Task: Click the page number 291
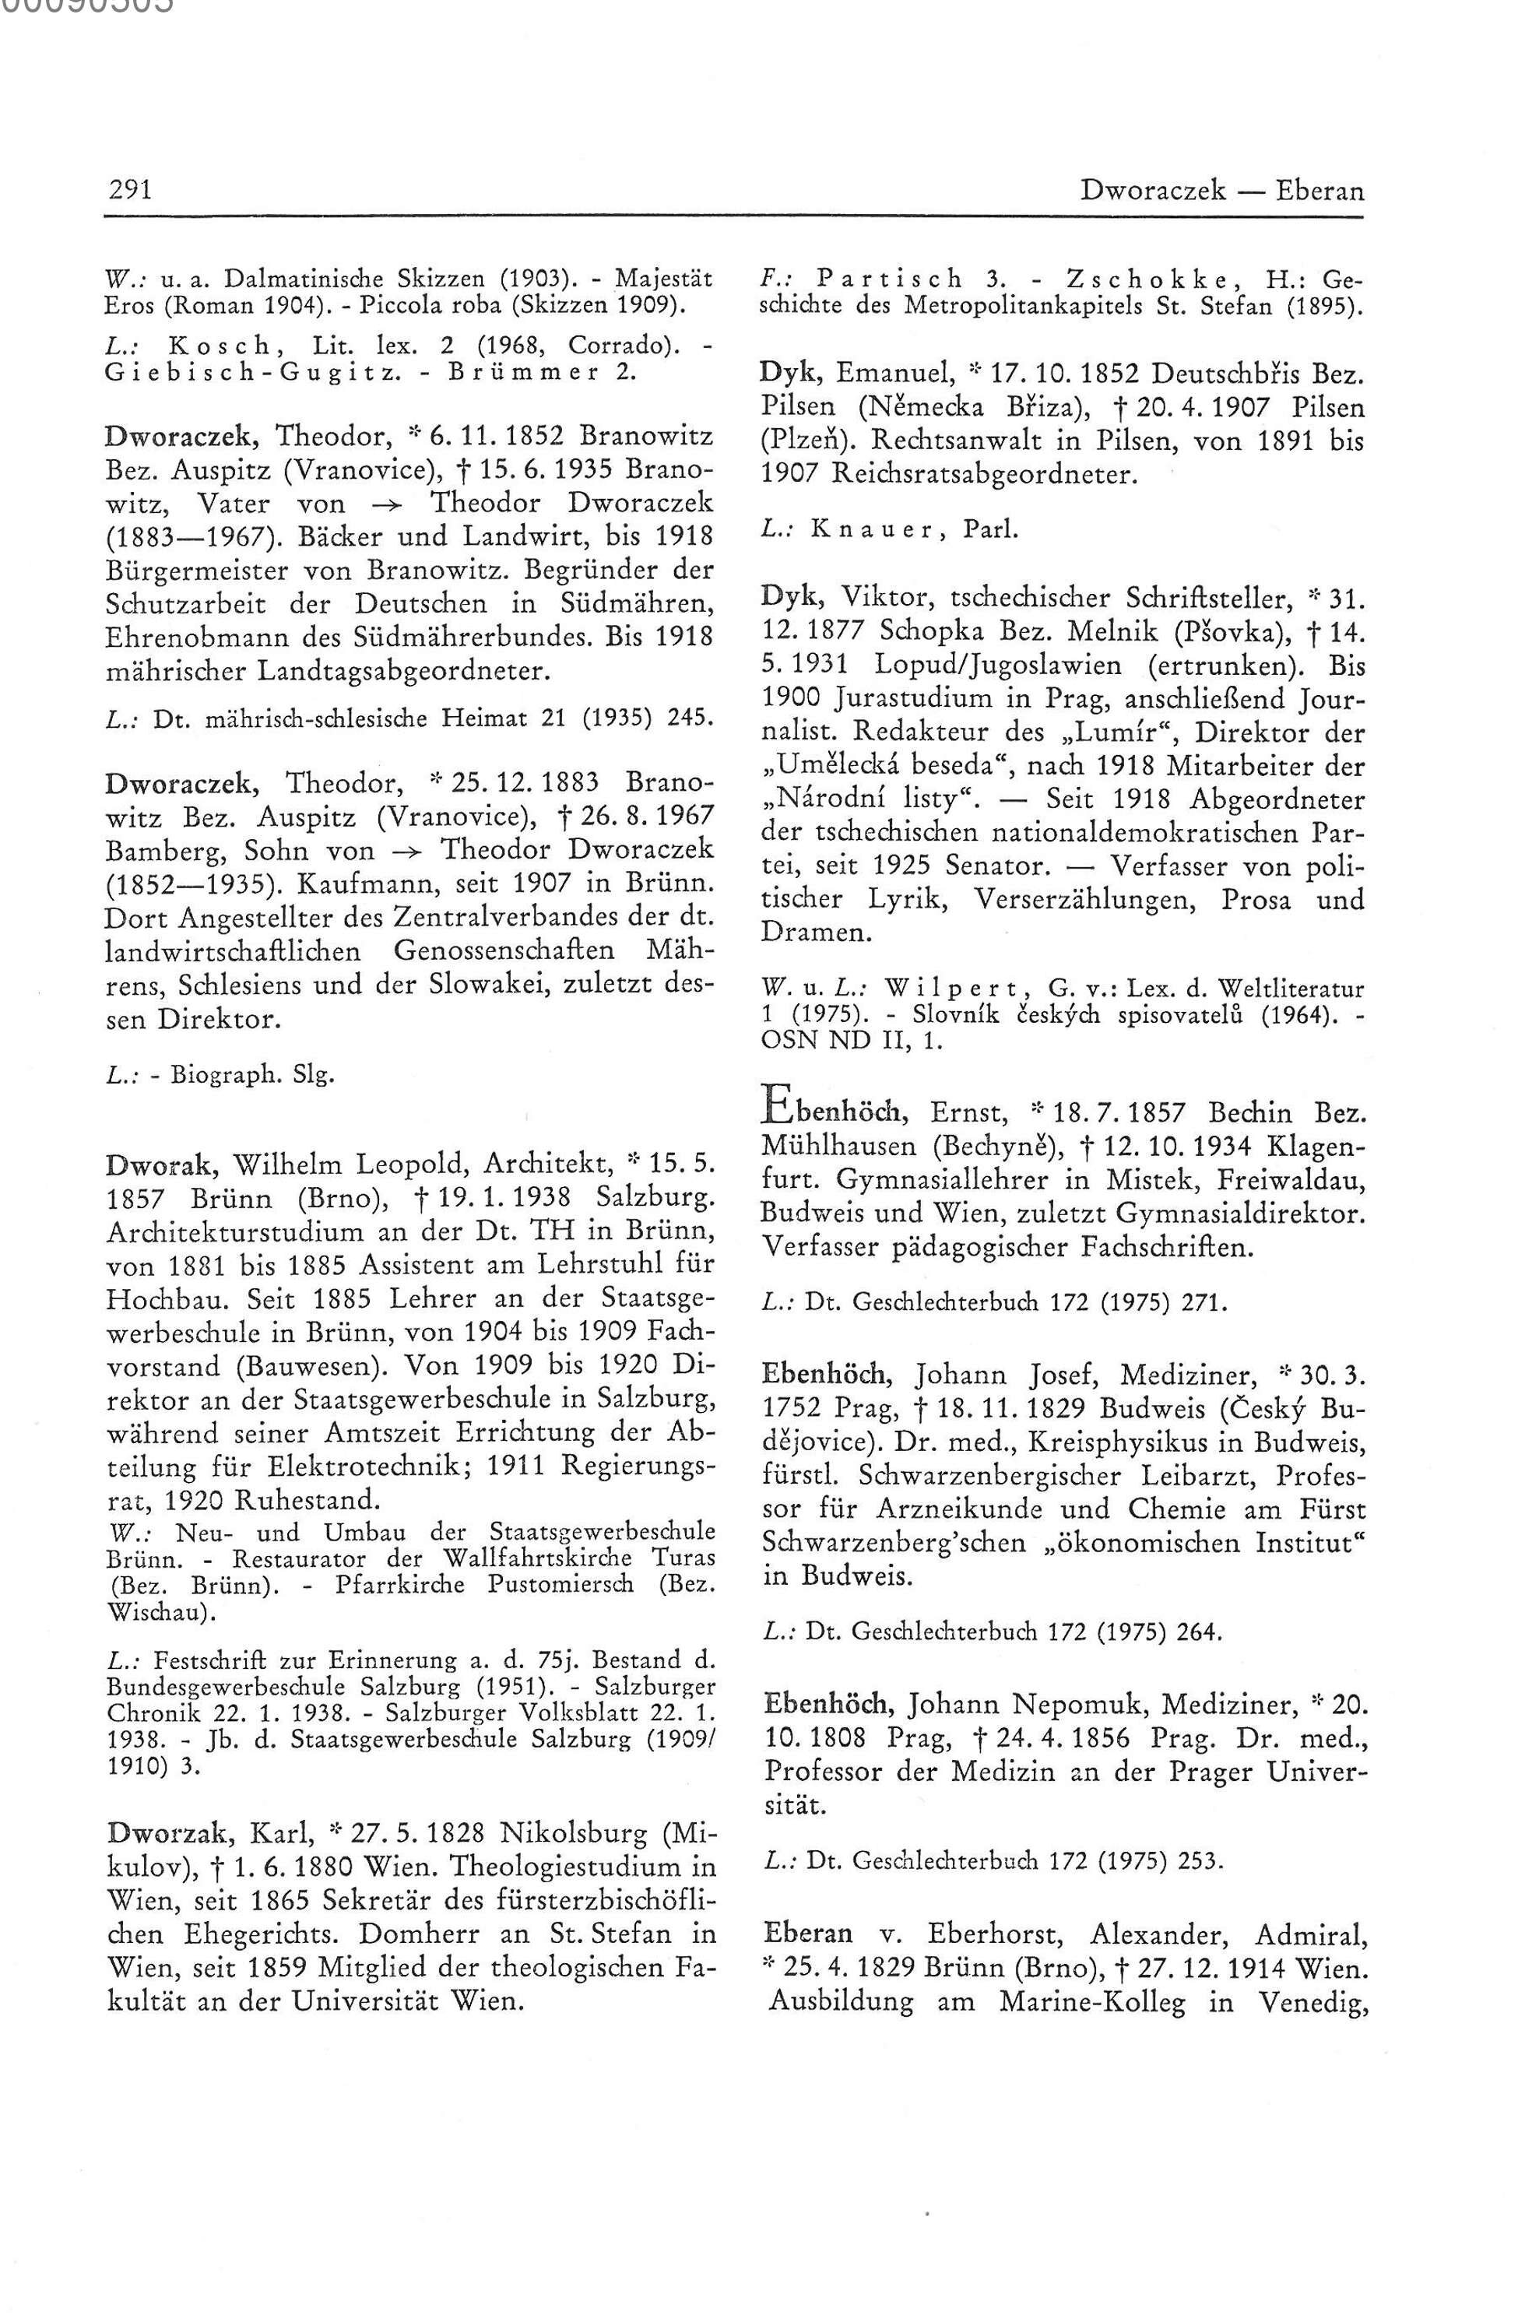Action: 128,189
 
